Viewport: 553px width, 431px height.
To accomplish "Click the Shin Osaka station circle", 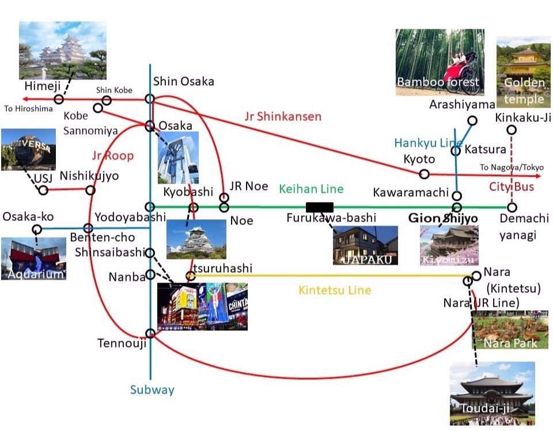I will click(150, 99).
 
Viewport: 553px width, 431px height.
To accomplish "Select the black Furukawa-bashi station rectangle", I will click(320, 207).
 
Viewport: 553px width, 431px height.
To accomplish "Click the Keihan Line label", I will click(311, 189).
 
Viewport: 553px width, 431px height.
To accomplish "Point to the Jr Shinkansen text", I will click(283, 117).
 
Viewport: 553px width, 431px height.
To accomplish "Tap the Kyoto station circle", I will click(425, 174).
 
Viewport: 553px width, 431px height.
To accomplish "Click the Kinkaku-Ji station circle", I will click(512, 129).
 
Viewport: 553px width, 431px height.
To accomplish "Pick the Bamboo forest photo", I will click(440, 62).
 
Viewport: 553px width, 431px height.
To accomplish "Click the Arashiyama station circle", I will click(472, 120).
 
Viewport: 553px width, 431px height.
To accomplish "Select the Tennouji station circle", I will click(150, 333).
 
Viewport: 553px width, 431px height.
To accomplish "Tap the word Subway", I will click(152, 390).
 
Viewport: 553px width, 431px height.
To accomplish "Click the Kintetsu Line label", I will click(335, 291).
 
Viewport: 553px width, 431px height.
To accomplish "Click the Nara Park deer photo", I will click(510, 330).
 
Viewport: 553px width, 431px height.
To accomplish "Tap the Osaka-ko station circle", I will click(37, 230).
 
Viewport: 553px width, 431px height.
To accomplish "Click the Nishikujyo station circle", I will click(90, 190).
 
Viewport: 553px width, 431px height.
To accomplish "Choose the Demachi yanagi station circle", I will click(512, 207).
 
